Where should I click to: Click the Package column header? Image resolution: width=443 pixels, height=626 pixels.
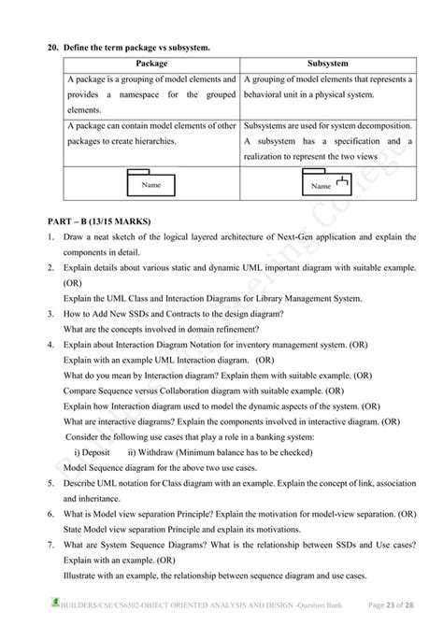(151, 64)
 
